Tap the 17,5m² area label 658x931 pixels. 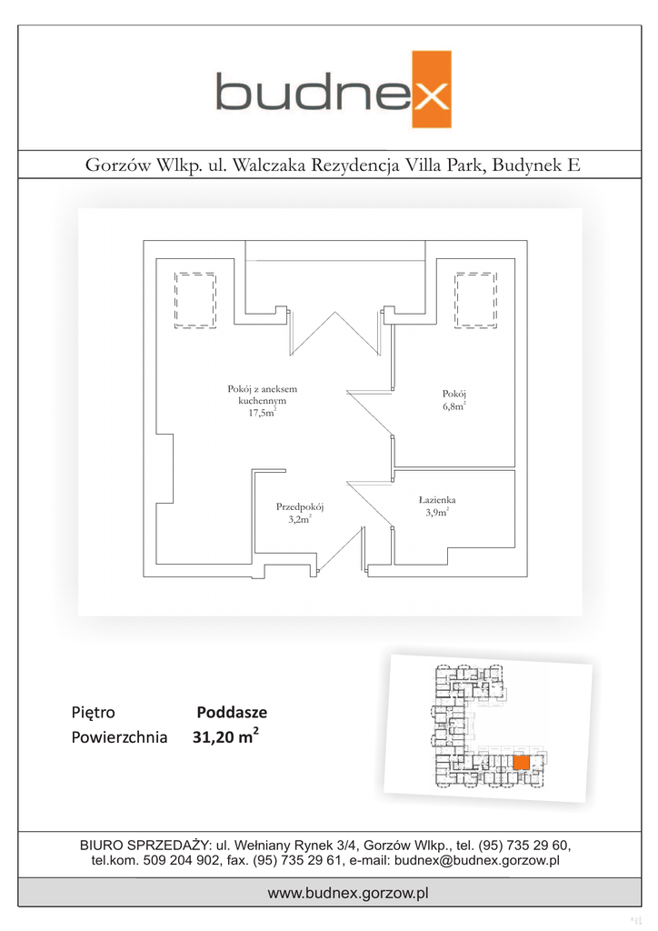point(262,413)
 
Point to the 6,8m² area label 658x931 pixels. point(454,406)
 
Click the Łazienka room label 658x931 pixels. point(437,500)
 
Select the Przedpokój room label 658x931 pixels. point(300,507)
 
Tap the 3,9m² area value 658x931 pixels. point(435,513)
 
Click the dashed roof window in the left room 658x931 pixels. point(194,298)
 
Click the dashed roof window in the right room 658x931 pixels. point(477,298)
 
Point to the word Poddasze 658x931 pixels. point(232,713)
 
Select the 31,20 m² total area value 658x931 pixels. point(224,738)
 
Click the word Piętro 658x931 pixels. point(93,713)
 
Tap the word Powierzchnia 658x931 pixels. point(119,738)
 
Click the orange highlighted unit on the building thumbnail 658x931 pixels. point(522,763)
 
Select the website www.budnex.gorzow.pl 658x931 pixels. point(347,894)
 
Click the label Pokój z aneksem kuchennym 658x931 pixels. point(262,395)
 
